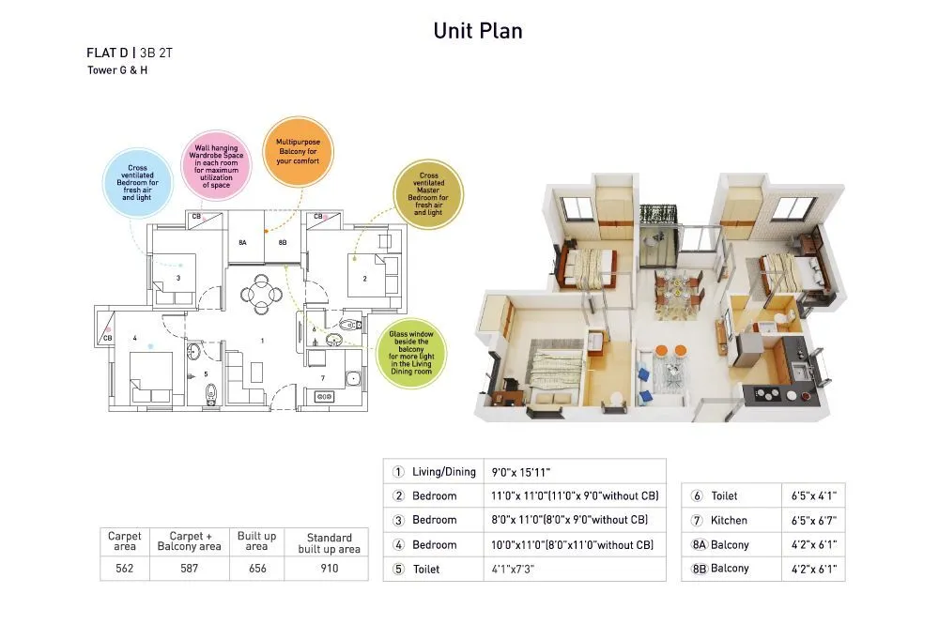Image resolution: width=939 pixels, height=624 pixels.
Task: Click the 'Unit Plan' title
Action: pos(477,31)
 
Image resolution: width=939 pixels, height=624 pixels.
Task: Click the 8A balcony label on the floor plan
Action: pos(242,242)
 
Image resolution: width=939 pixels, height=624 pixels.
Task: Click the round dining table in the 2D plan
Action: pos(261,294)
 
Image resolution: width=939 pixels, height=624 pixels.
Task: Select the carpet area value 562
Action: pos(124,568)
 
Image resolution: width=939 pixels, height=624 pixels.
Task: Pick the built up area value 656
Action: pos(255,568)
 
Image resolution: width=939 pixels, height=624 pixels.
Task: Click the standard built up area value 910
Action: pos(329,568)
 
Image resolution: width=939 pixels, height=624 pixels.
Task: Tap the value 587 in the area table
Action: pos(189,568)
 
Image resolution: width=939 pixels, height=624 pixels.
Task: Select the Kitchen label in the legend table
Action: pos(730,520)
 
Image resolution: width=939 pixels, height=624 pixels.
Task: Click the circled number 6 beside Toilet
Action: pos(698,495)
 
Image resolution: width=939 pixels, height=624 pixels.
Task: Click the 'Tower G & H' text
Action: pos(117,70)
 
